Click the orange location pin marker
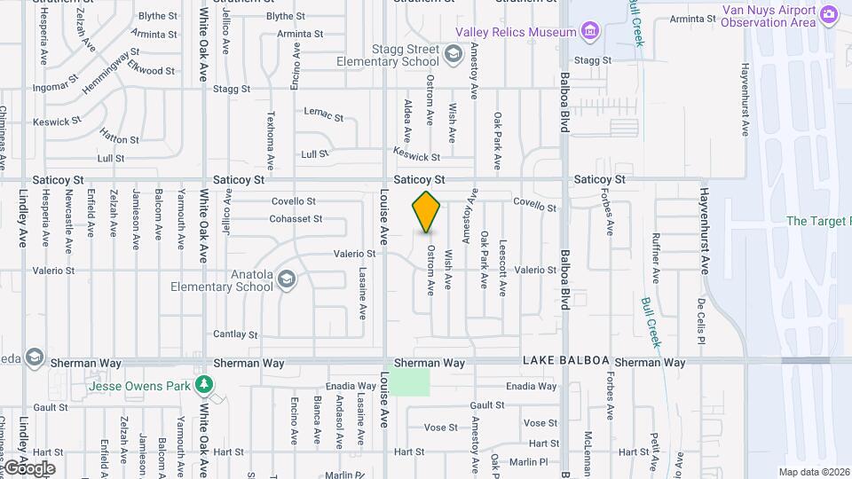point(426,212)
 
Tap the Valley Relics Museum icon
point(590,33)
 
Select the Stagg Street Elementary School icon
point(454,55)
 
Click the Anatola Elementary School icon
point(287,280)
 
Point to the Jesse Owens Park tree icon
point(206,384)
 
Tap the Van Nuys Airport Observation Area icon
point(829,13)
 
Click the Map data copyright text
point(814,472)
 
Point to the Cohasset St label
point(296,218)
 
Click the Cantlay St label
point(235,334)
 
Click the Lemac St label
point(323,114)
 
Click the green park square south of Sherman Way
point(412,382)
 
